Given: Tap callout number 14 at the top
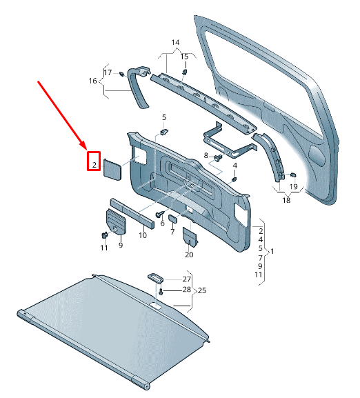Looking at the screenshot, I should [174, 43].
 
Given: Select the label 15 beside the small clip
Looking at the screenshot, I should [184, 56].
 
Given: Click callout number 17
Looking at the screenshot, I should [108, 72].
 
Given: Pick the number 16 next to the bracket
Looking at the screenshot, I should [92, 81].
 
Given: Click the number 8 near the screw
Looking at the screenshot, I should [206, 157].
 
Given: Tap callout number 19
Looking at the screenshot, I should [293, 187].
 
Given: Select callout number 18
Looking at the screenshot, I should [286, 200].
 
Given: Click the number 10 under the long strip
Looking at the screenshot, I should [142, 235].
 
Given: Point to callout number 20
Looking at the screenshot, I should [189, 255].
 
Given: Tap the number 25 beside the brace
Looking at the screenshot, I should [202, 290].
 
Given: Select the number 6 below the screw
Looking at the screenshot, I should [163, 223].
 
